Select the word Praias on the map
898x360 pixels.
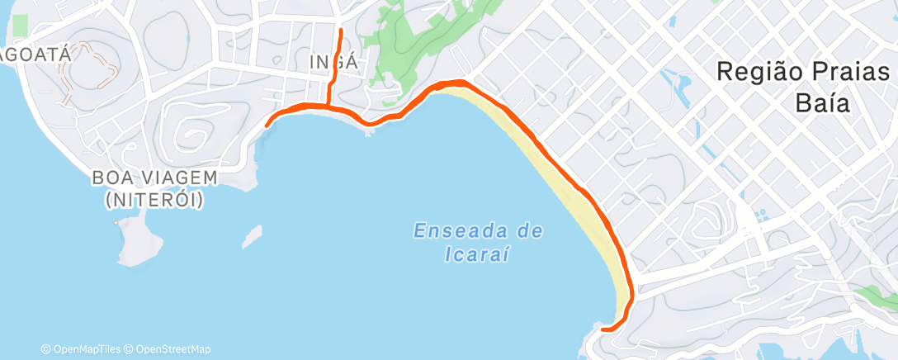pyautogui.click(x=853, y=72)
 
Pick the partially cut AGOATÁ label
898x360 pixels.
pyautogui.click(x=37, y=54)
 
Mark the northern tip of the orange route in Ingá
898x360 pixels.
pyautogui.click(x=341, y=31)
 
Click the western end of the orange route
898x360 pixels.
pyautogui.click(x=267, y=126)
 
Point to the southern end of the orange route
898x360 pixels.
pyautogui.click(x=603, y=329)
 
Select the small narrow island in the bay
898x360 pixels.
pyautogui.click(x=253, y=238)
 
